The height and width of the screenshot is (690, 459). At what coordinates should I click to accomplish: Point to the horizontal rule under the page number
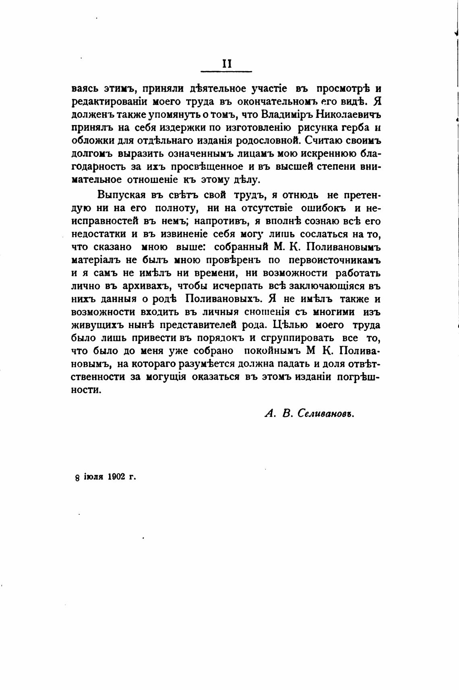(x=226, y=72)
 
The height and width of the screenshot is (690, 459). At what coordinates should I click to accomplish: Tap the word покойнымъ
(x=273, y=351)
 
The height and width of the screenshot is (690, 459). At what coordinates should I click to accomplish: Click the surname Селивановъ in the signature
(x=327, y=414)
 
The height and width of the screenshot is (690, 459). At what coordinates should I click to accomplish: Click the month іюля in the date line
(x=94, y=478)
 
